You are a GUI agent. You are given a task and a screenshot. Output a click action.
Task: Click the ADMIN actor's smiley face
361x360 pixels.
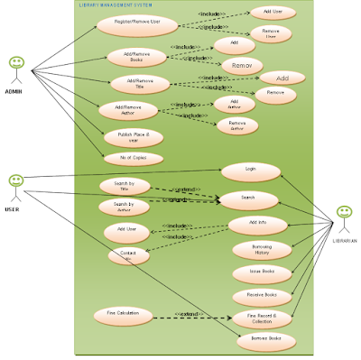[16, 62]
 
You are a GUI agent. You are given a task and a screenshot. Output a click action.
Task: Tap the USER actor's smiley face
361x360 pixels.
[15, 180]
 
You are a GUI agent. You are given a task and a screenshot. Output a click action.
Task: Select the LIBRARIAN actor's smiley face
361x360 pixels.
[343, 212]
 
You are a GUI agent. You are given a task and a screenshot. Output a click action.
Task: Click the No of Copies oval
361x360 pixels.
[134, 158]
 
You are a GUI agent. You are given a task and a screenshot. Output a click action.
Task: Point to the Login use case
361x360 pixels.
[250, 169]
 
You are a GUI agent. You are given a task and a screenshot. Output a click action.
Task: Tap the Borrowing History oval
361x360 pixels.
[255, 249]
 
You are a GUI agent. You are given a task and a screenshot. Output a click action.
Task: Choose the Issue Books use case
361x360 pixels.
[255, 272]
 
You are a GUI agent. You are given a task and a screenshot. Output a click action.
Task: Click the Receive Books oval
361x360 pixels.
[255, 295]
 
